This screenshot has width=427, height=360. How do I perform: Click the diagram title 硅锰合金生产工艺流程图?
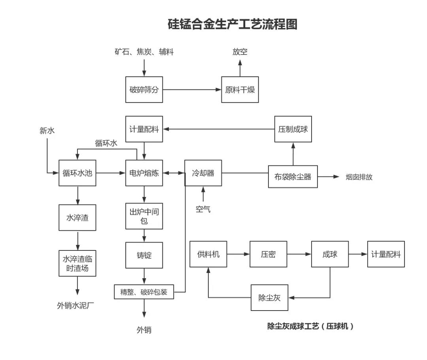point(233,24)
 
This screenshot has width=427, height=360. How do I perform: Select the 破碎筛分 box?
point(144,90)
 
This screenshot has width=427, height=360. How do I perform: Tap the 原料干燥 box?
point(240,90)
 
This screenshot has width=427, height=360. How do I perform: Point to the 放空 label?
point(240,52)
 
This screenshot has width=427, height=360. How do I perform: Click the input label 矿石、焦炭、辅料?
point(144,52)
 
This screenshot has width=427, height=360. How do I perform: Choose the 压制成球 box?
point(293,129)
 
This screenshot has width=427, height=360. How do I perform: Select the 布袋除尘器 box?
point(293,176)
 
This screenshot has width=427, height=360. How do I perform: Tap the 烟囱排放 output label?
point(359,177)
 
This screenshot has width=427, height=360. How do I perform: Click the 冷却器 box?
point(203,173)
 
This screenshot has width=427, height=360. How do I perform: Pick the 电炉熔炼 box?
point(144,173)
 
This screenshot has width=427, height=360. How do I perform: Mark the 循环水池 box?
point(77,173)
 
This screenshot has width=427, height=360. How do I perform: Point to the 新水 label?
point(47,131)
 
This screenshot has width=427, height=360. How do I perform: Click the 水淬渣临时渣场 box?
point(77,263)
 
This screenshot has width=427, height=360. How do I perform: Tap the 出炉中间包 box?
point(144,216)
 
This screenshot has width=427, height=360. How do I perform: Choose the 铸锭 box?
point(144,255)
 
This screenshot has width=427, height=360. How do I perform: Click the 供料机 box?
point(208,254)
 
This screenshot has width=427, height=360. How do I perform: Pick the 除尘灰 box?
point(269,297)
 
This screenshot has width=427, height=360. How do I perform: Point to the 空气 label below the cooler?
point(203,209)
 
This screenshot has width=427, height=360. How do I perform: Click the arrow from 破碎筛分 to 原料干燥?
point(192,90)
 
